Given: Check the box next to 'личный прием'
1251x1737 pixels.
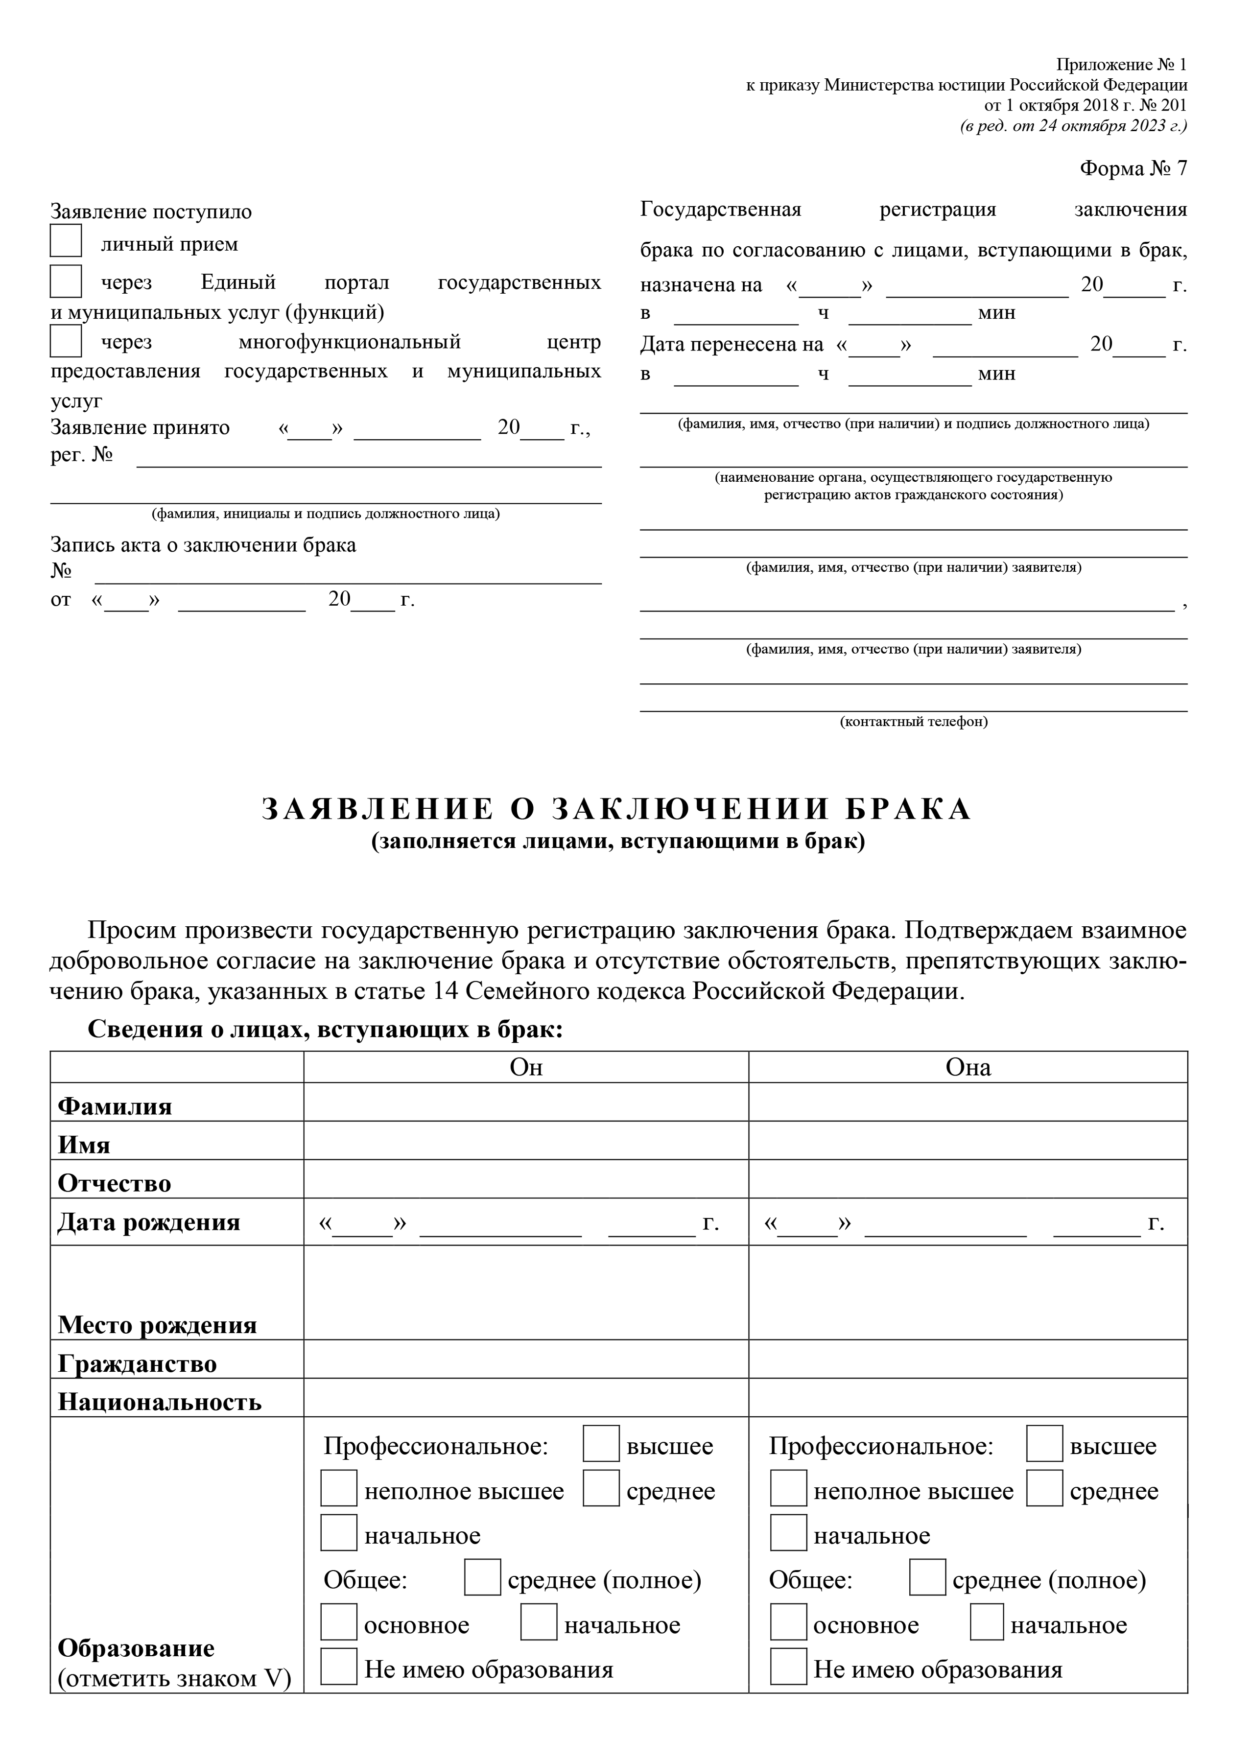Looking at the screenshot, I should point(66,240).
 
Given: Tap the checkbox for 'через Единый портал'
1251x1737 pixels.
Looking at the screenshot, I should point(66,281).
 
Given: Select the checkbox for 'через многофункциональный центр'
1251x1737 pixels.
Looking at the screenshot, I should point(66,341).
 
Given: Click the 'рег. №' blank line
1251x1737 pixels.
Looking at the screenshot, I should point(368,460).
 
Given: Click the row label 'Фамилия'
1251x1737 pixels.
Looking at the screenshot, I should point(115,1106).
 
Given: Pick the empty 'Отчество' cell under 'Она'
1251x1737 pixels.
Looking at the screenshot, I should point(968,1179).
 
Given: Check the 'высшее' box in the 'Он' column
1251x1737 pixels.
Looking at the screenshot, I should point(601,1444).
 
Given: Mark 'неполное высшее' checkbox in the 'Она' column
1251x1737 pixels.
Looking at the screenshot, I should point(788,1488).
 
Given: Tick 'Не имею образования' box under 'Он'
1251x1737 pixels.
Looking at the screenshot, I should point(339,1667).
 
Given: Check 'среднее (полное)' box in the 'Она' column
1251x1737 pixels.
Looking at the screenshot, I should point(927,1577).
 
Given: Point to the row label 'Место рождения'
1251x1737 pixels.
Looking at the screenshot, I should point(157,1325).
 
